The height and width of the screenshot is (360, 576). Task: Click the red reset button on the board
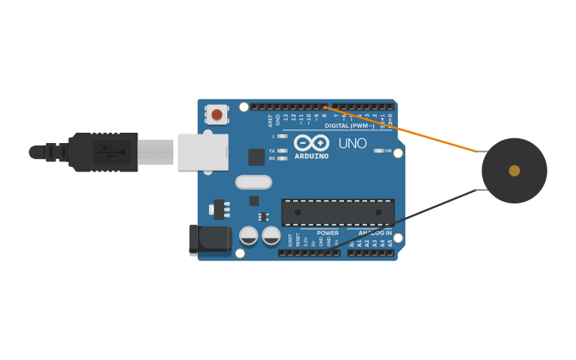click(x=217, y=114)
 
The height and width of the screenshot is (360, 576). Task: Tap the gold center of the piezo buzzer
click(x=514, y=170)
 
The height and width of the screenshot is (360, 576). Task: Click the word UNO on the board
click(x=353, y=144)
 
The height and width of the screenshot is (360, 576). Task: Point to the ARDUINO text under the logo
click(x=311, y=156)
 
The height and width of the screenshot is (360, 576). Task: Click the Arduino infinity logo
click(x=311, y=142)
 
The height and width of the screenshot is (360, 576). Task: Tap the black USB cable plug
click(x=103, y=152)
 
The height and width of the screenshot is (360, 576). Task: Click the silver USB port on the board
click(x=203, y=152)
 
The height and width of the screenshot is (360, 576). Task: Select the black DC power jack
click(x=210, y=239)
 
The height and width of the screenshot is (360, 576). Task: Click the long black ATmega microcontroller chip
click(x=338, y=212)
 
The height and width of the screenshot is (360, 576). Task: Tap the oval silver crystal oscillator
click(x=253, y=183)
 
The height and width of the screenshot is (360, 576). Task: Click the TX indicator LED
click(x=282, y=150)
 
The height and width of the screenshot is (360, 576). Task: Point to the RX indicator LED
click(x=282, y=158)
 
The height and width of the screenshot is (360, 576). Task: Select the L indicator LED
click(x=282, y=136)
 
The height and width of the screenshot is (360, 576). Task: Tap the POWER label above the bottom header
click(x=327, y=233)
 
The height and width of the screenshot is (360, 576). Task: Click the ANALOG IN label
click(x=374, y=233)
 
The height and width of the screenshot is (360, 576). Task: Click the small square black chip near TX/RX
click(x=256, y=157)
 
